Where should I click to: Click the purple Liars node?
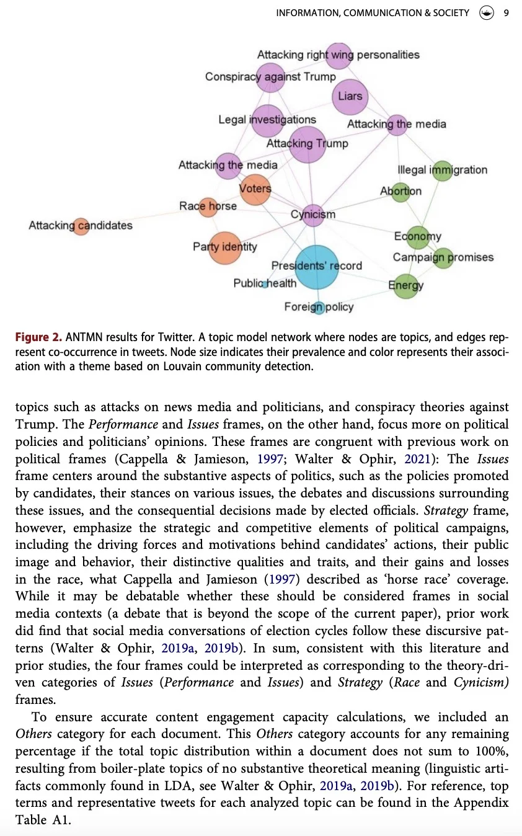[x=350, y=96]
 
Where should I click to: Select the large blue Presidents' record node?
[x=316, y=267]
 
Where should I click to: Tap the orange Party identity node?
[x=224, y=247]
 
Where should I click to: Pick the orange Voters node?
[x=255, y=189]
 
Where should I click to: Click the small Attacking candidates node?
[x=81, y=226]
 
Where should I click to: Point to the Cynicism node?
[x=314, y=215]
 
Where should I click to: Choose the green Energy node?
[x=405, y=285]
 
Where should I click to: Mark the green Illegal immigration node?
[x=442, y=170]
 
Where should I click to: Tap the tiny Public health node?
[x=265, y=284]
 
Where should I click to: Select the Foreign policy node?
[x=319, y=307]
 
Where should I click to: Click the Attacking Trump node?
[x=307, y=144]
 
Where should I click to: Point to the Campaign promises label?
[x=443, y=257]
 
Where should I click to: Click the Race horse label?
[x=208, y=206]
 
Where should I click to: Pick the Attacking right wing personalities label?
[x=338, y=55]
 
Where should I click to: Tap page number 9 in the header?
[x=506, y=13]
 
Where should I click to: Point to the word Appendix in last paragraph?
[x=482, y=803]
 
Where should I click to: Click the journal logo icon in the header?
[x=487, y=13]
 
